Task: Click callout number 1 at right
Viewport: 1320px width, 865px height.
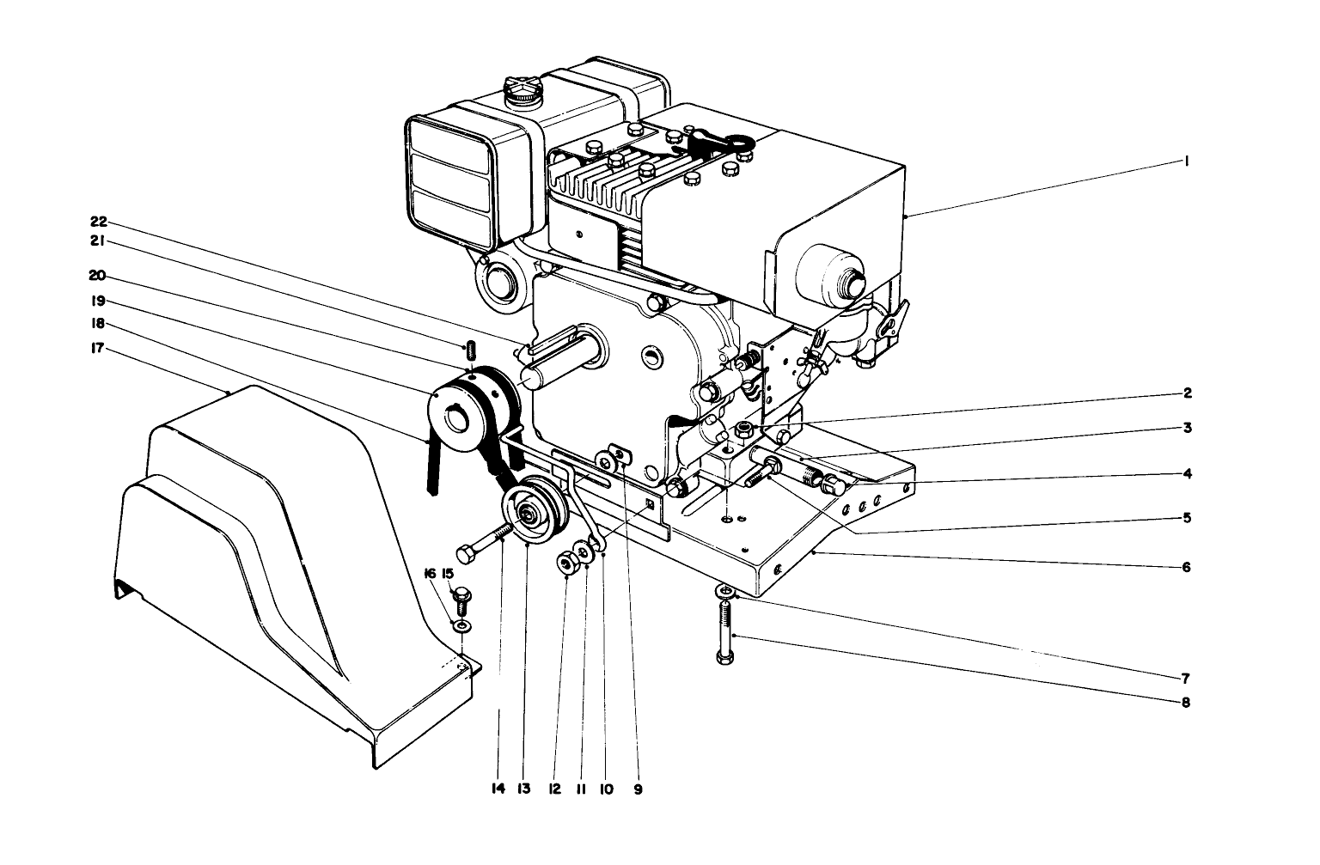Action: pos(1186,161)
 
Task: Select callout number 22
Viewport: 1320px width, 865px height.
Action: pos(99,222)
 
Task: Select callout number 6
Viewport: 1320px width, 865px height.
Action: pos(1186,567)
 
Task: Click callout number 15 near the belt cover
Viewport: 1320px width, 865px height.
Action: pos(447,573)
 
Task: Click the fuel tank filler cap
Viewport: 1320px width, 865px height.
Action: pos(522,90)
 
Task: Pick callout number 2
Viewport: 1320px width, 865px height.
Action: pos(1186,393)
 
